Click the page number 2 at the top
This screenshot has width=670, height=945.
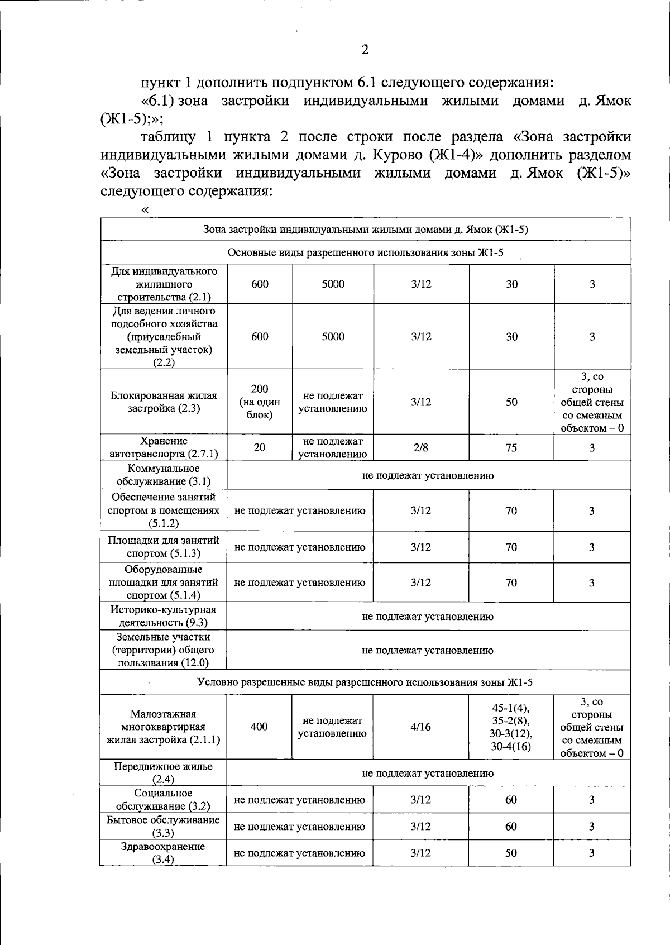[365, 50]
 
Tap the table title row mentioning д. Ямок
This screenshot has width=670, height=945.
[365, 230]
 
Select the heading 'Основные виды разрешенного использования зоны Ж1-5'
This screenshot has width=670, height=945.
[365, 253]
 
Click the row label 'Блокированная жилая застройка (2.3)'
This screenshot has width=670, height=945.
[164, 402]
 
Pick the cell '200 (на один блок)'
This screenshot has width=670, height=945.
[260, 402]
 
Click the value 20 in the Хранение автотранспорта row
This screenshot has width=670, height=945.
[260, 447]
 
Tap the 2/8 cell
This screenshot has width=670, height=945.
[421, 447]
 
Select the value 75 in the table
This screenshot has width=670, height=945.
[511, 447]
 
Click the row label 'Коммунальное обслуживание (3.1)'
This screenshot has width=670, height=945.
[164, 475]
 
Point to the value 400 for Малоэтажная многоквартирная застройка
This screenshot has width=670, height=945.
[259, 727]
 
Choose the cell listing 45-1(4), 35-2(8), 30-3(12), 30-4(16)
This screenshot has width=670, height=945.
[511, 727]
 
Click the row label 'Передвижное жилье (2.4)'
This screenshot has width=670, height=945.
[164, 773]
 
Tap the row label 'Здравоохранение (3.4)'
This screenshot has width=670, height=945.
[164, 853]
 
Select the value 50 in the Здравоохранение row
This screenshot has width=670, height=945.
[511, 853]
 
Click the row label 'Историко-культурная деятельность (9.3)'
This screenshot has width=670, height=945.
[164, 616]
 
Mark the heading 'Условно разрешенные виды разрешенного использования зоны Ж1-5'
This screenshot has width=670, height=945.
[365, 682]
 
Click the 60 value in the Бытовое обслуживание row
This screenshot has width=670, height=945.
[511, 827]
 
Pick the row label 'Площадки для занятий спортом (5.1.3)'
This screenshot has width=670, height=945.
[164, 547]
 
